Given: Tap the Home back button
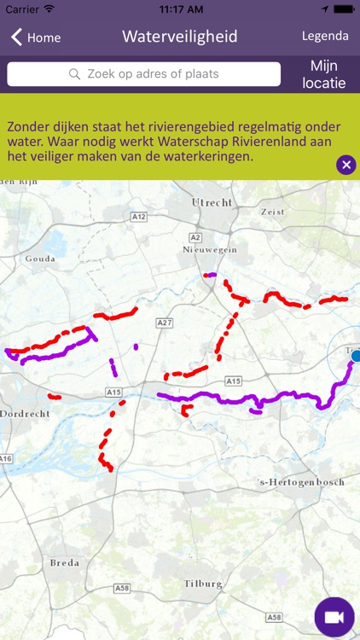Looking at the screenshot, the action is pyautogui.click(x=36, y=38).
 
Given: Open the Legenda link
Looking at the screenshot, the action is pyautogui.click(x=325, y=36).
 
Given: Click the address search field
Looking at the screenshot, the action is pyautogui.click(x=143, y=74).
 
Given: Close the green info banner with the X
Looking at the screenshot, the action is pyautogui.click(x=345, y=165).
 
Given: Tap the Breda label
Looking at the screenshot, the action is pyautogui.click(x=64, y=563).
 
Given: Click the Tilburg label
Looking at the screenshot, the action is pyautogui.click(x=203, y=584).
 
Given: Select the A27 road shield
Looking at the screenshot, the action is pyautogui.click(x=165, y=323).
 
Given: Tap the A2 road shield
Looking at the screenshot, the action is pyautogui.click(x=195, y=236).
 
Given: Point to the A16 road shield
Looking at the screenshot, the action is pyautogui.click(x=6, y=459).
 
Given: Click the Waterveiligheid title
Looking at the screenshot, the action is pyautogui.click(x=179, y=37).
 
